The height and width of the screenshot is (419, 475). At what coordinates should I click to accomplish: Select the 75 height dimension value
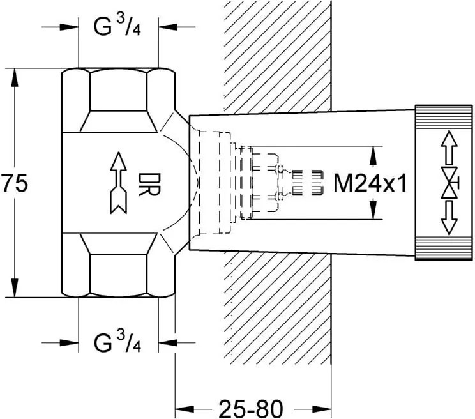pos(14,184)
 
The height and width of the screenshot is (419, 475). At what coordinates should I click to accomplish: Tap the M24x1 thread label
pos(370,184)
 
